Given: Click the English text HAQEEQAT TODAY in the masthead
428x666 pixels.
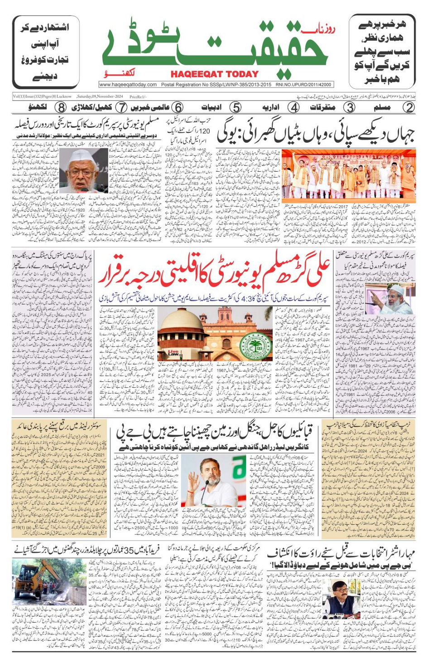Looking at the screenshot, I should click(x=215, y=74).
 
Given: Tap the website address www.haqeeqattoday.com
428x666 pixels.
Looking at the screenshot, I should click(x=128, y=84).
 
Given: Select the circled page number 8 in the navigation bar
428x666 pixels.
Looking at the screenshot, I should click(x=61, y=108).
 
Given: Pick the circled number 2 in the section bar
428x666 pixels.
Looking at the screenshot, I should click(x=409, y=108).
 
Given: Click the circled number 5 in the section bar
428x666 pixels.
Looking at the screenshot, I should click(x=236, y=108).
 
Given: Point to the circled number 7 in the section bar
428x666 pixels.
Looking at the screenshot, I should click(x=121, y=108).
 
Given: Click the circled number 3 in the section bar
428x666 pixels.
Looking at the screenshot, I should click(x=349, y=108).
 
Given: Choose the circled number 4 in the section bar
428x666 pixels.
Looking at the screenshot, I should click(x=294, y=108).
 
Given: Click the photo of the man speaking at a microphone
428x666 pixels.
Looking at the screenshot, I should click(x=213, y=481).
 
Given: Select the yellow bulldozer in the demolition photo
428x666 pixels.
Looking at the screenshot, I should click(x=36, y=575).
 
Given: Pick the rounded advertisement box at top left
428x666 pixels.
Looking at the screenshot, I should click(x=46, y=52).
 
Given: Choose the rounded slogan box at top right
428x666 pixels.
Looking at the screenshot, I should click(x=382, y=52).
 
